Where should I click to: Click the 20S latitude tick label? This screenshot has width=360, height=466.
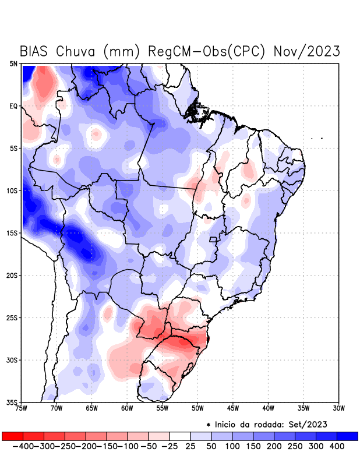[x=12, y=275]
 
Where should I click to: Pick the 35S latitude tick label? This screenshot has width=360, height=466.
[x=12, y=402]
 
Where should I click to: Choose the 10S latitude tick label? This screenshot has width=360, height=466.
[x=12, y=190]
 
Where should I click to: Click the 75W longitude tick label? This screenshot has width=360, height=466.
[x=22, y=408]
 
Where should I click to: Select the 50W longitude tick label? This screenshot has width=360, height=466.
[x=197, y=408]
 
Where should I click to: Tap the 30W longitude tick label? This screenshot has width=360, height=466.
[x=338, y=408]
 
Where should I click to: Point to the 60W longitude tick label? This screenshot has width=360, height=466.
[x=127, y=408]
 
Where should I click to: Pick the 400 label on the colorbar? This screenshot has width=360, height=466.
[x=337, y=446]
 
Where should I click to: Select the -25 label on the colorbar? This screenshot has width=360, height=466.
[x=170, y=446]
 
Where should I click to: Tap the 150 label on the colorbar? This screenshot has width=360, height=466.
[x=254, y=446]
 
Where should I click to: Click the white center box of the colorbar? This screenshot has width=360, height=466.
[x=180, y=436]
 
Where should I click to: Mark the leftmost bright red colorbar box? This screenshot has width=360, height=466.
[x=13, y=436]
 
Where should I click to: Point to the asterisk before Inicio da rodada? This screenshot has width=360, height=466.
[x=208, y=424]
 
